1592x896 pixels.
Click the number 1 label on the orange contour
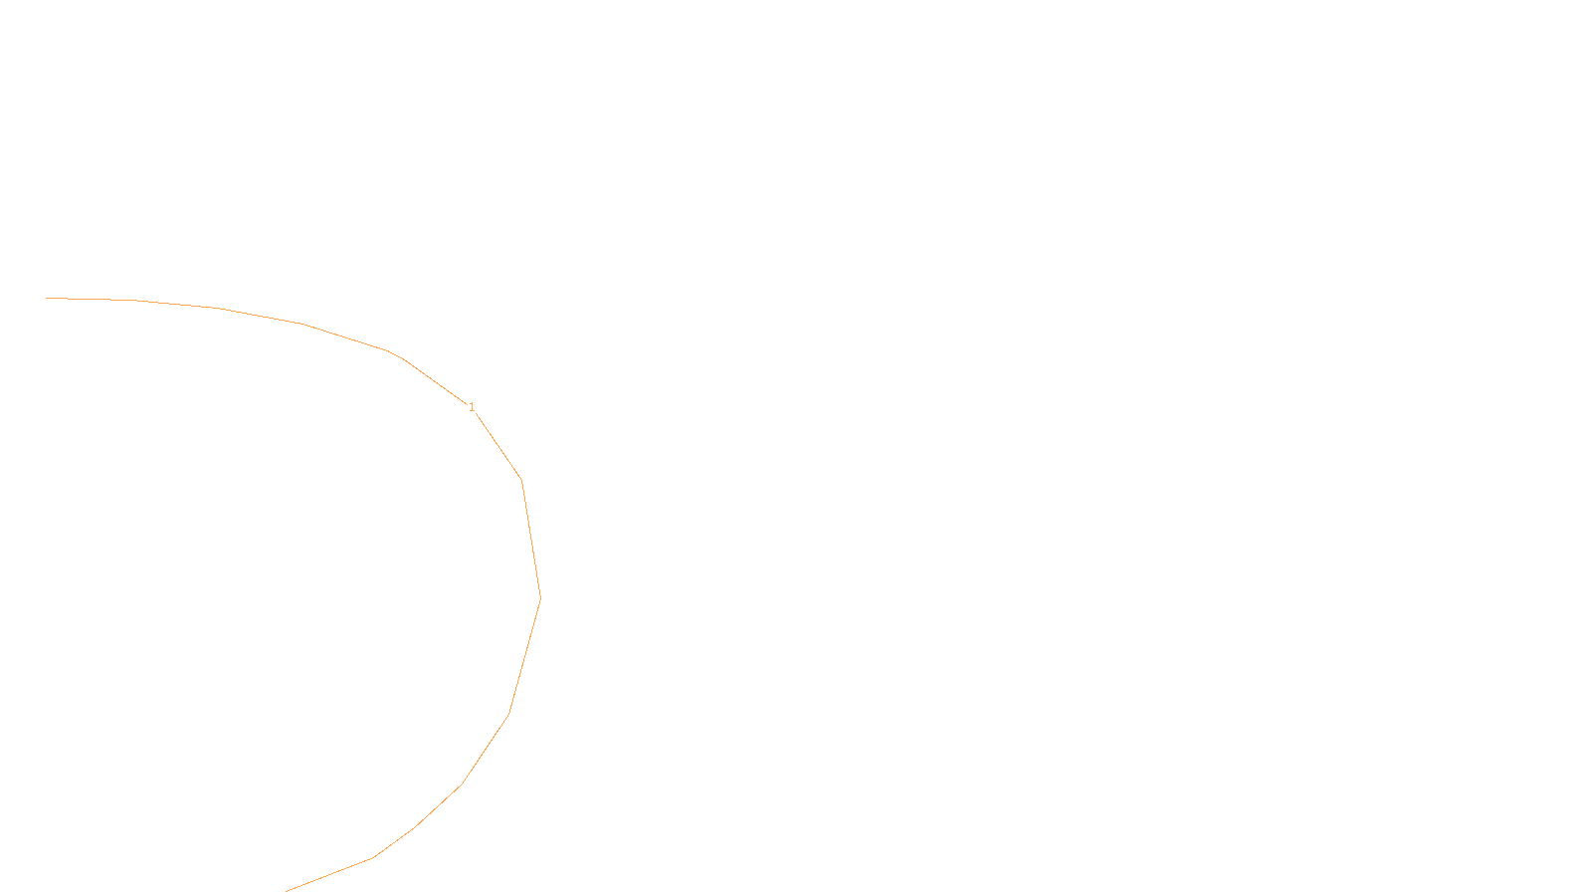coord(472,407)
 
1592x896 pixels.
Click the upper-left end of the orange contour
coord(47,298)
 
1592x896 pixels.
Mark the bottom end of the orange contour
coord(287,891)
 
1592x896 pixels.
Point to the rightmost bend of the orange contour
coord(540,598)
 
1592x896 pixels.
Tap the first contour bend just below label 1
coord(521,481)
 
